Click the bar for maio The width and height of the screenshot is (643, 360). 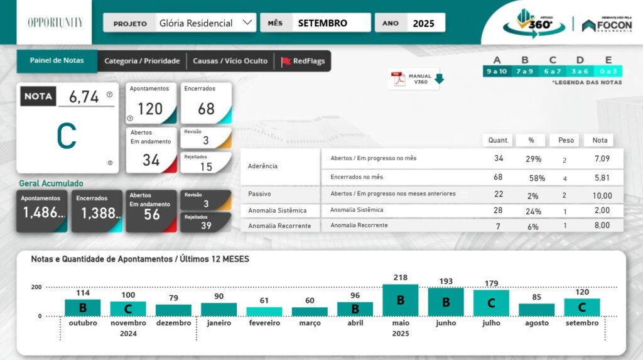tap(401, 300)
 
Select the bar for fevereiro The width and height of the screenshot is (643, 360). tap(264, 311)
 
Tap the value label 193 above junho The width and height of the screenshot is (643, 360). tap(446, 281)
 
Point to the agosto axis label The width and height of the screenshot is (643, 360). tap(536, 323)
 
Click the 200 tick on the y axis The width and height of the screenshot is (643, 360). tap(36, 287)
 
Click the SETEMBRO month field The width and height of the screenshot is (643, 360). tap(323, 23)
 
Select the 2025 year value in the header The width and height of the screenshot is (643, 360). tap(424, 23)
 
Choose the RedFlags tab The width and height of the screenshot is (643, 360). tap(305, 61)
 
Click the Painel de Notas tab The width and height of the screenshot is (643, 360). tap(57, 61)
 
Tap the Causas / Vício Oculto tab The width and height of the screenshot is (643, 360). tap(230, 61)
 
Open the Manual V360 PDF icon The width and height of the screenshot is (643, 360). tap(399, 79)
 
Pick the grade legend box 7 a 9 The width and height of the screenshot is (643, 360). tap(525, 71)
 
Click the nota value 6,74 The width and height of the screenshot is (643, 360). tap(84, 97)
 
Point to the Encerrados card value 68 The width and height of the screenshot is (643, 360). tap(206, 109)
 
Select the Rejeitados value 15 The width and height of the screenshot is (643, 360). tap(206, 166)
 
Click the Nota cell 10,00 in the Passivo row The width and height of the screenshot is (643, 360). tap(602, 195)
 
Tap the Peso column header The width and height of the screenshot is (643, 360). tap(566, 140)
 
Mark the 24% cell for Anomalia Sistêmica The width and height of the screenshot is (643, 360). tap(533, 211)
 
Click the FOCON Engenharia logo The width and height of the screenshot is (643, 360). tap(607, 25)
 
